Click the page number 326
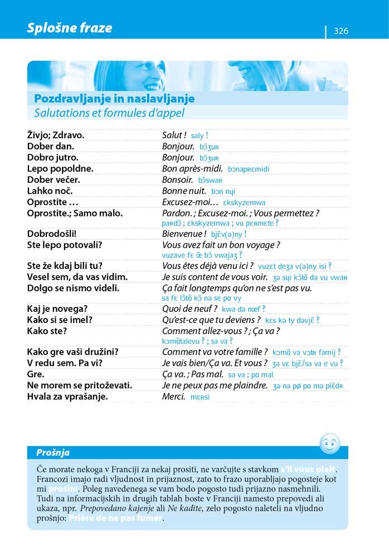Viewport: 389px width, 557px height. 341,31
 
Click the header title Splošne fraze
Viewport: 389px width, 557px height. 69,28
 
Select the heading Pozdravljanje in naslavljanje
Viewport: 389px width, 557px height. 114,99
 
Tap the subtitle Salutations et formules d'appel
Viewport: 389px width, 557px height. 109,113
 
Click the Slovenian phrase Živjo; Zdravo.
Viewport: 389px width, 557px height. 56,135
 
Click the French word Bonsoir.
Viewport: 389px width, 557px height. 177,180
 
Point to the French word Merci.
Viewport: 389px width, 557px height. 173,397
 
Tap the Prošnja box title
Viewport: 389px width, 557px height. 53,452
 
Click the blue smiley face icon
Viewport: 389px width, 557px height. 329,444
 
